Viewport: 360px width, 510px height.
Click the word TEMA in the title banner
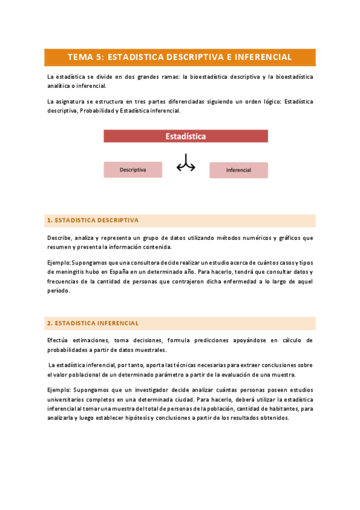point(81,57)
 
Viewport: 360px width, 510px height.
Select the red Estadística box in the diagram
point(186,137)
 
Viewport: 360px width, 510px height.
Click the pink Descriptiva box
point(133,170)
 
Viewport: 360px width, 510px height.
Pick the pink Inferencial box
point(239,170)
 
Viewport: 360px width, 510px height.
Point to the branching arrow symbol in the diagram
point(186,164)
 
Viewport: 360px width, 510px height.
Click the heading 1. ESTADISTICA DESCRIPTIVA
point(93,220)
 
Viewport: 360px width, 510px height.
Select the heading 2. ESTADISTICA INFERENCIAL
point(93,323)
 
